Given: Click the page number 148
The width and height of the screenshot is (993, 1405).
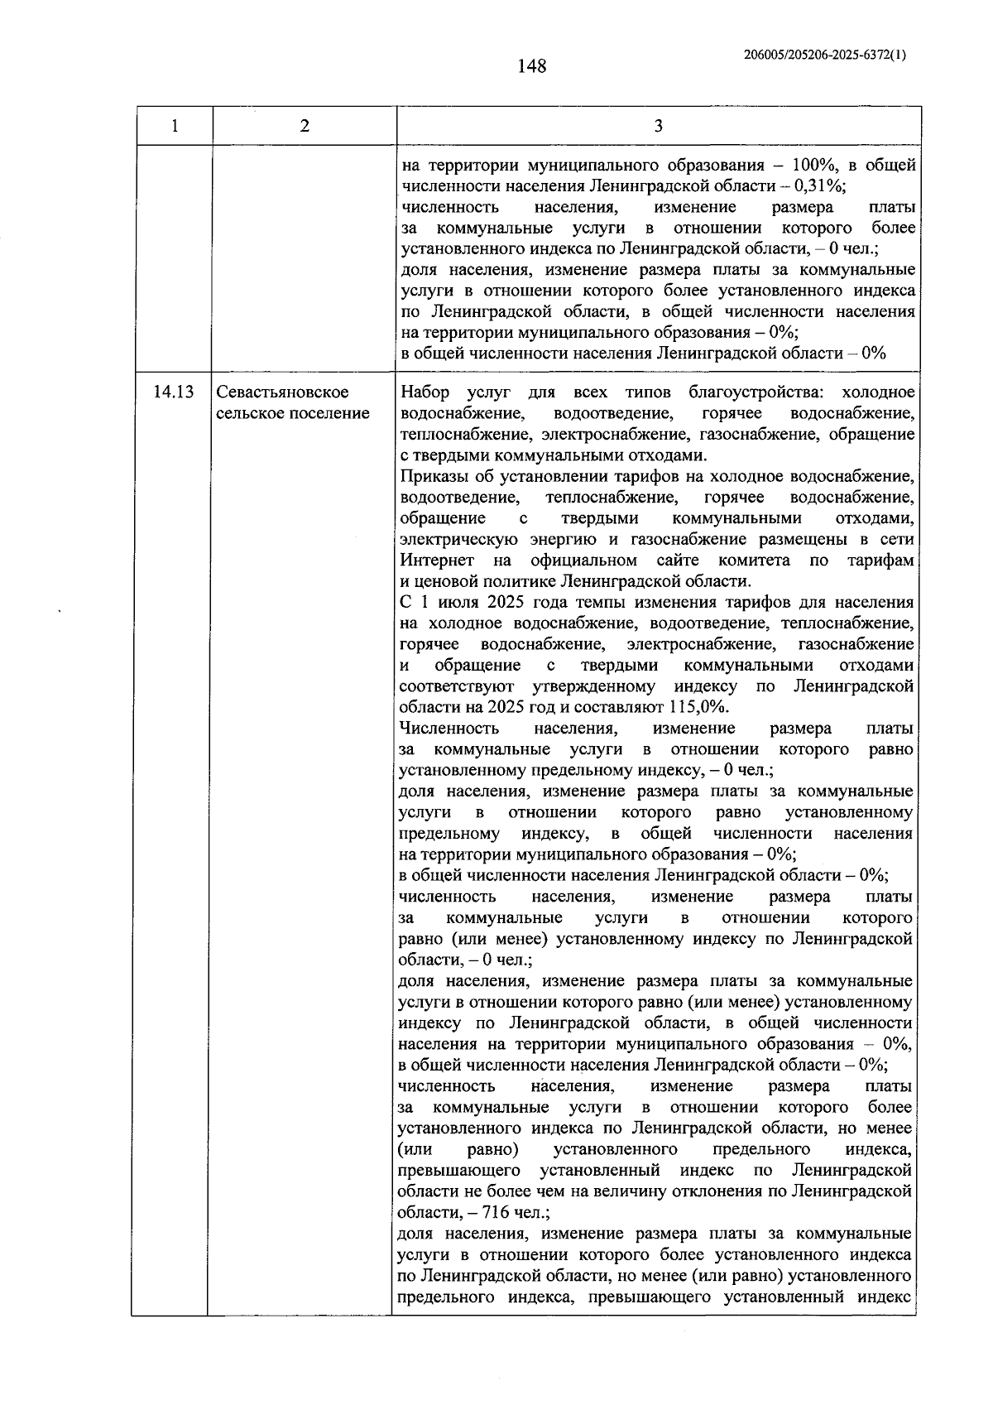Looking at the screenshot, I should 531,66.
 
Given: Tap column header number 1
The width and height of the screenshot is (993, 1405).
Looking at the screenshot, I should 175,126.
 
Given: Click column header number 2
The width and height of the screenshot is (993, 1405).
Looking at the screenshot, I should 305,126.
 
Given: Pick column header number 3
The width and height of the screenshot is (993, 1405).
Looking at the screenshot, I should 658,126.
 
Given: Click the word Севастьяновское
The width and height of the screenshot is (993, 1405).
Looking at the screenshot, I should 282,392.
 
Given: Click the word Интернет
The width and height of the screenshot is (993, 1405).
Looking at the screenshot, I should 435,561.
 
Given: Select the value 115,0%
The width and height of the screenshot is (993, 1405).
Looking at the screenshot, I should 699,707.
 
